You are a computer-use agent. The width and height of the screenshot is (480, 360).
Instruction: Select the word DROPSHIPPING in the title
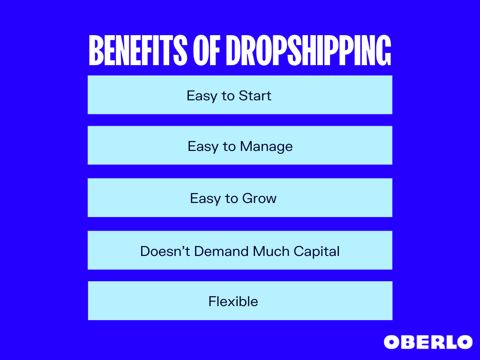tap(308, 51)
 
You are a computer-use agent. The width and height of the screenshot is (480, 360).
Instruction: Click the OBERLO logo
tap(428, 342)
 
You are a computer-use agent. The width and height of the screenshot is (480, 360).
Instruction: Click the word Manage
tap(266, 147)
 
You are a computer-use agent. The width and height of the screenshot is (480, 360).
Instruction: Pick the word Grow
tap(259, 199)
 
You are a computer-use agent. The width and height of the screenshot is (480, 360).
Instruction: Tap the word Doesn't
tap(165, 251)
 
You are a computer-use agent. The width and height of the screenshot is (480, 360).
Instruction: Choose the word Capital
tap(316, 251)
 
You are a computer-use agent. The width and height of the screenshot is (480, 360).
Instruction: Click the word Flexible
tap(233, 301)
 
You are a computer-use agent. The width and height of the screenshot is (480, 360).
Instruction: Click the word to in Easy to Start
tap(228, 96)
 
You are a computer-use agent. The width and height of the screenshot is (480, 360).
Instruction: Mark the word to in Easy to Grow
tap(232, 199)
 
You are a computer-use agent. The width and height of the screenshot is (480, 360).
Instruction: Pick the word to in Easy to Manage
tap(230, 147)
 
